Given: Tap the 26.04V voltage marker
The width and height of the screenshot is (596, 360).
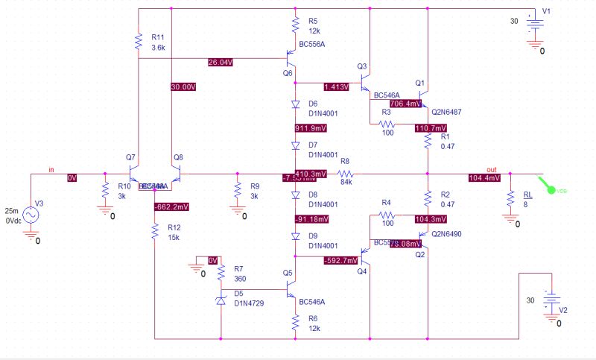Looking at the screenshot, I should coord(222,62).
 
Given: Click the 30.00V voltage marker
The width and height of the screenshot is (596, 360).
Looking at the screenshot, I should coord(183,86).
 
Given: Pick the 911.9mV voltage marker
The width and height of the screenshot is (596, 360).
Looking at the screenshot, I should coord(311,127).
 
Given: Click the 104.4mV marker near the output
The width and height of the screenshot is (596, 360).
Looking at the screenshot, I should coord(484,178).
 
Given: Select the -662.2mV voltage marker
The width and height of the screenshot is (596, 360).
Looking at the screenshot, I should coord(171,206).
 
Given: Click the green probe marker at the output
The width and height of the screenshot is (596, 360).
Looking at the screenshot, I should coord(552,189).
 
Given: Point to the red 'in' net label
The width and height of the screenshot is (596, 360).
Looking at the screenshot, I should coord(51,170).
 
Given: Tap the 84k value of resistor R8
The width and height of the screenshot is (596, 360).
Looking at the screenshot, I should coord(346,180).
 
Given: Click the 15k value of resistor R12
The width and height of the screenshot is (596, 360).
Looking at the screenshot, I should coord(173,237).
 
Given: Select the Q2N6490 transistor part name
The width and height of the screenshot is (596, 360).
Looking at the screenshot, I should coord(448,233).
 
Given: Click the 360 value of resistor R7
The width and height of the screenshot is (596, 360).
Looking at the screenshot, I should coord(240,278).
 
